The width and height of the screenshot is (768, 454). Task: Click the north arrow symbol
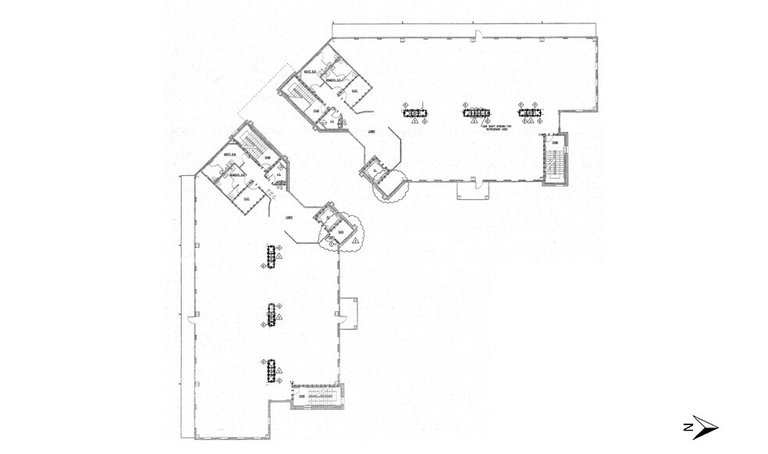[699, 427]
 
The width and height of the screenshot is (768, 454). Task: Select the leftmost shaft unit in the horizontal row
[414, 113]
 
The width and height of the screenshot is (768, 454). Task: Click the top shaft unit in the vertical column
[272, 256]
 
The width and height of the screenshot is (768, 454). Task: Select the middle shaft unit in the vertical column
[272, 313]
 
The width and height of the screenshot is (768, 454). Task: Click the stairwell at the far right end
[554, 159]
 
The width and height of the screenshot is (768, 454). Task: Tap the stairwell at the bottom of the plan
[315, 397]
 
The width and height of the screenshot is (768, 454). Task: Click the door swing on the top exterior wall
[482, 35]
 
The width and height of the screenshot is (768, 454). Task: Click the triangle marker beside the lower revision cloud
[355, 242]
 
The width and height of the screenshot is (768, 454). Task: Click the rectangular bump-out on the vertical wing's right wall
[347, 312]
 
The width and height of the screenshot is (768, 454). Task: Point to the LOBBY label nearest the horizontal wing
[372, 132]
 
